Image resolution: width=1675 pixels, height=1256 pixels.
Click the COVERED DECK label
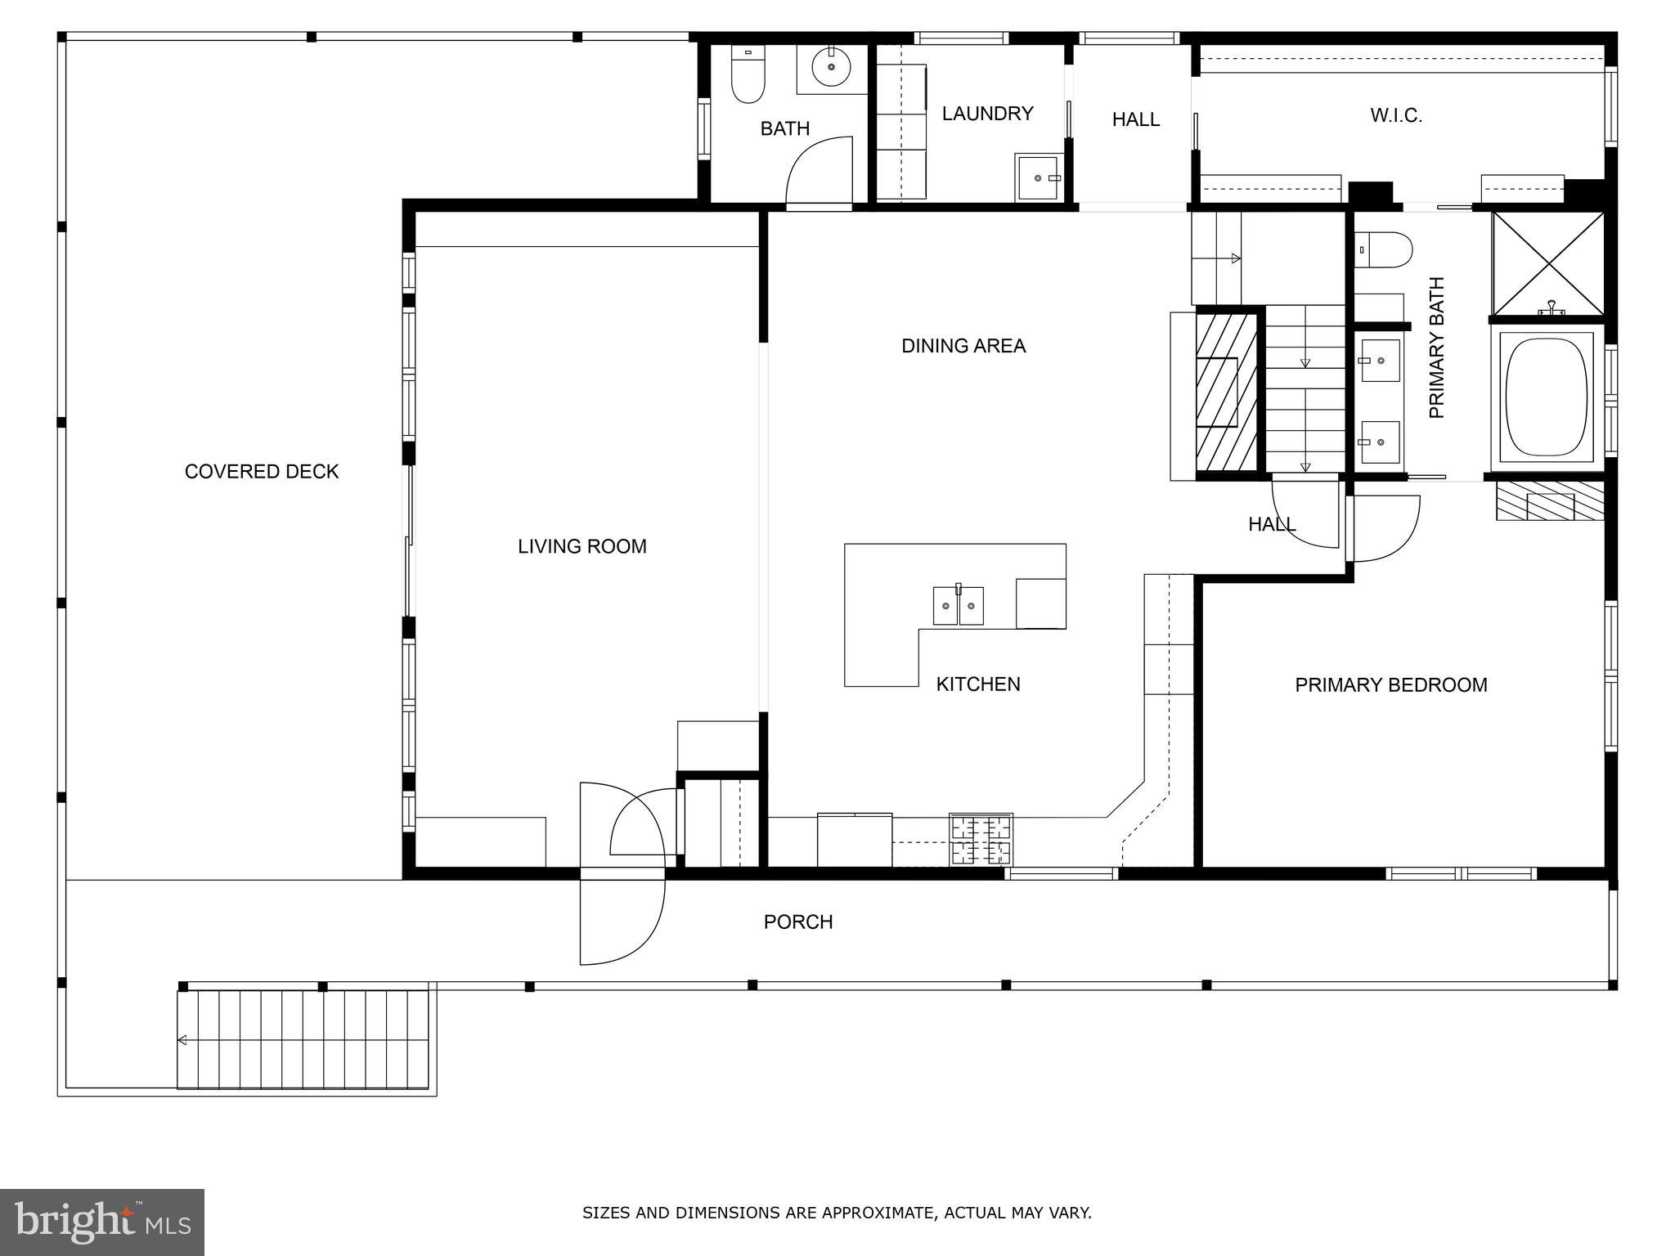coord(261,471)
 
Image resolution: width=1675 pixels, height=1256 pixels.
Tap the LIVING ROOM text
coord(582,546)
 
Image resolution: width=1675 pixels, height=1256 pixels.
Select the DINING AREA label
coord(963,346)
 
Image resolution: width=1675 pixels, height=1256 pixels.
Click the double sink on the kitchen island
coord(958,606)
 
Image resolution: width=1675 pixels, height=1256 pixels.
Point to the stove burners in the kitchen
coord(981,840)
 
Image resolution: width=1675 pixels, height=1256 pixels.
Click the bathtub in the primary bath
coord(1546,398)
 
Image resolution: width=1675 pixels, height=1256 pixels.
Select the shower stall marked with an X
coord(1548,263)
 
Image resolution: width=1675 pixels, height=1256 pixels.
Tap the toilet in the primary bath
coord(1383,249)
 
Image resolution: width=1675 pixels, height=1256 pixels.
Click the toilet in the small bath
coord(748,76)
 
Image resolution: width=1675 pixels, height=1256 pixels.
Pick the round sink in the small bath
coord(831,65)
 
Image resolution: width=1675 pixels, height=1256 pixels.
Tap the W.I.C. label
coord(1396,116)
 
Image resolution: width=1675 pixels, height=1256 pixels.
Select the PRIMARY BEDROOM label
coord(1390,685)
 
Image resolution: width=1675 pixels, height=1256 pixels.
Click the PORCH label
coord(797,922)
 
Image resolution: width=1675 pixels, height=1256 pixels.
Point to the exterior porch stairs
coord(303,1039)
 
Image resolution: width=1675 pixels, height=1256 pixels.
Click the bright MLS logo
coord(101,1222)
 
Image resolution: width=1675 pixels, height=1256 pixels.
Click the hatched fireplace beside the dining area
coord(1226,392)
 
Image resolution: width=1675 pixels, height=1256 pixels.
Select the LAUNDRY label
coord(987,114)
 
